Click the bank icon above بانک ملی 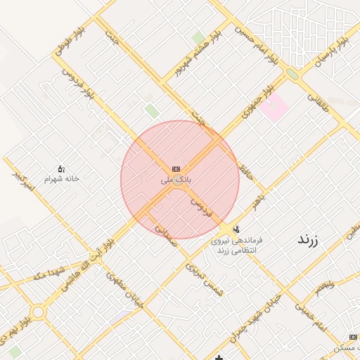coord(175,169)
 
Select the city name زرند coord(307,240)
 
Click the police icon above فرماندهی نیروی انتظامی coord(236,229)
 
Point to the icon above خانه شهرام coord(61,169)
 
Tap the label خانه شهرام coord(62,179)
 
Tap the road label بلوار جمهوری coord(257,103)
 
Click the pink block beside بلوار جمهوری coord(276,107)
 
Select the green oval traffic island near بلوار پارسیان coord(292,73)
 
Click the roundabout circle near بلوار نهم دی coord(37,311)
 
